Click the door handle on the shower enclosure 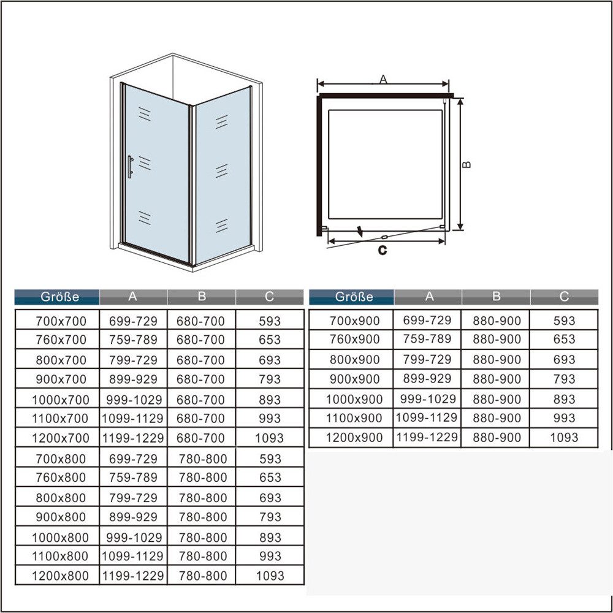coord(130,166)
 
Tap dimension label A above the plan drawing coord(383,79)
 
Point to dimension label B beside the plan coord(467,164)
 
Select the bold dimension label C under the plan coord(383,250)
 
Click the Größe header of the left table coord(60,297)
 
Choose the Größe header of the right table coord(354,297)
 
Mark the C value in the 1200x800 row coord(270,576)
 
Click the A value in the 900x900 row coord(428,379)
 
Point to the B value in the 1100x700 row coord(201,419)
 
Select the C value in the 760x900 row coord(564,339)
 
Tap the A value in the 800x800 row coord(133,498)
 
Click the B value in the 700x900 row coord(497,321)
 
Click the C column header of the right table coord(564,297)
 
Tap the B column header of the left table coord(202,297)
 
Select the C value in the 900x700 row coord(270,379)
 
